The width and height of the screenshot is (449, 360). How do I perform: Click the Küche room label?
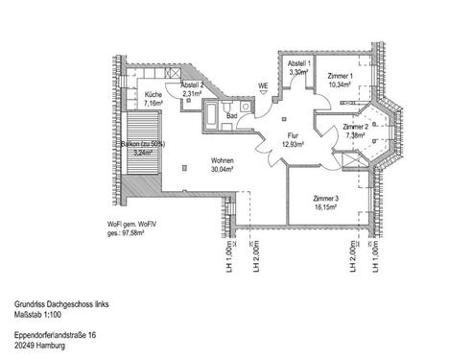click(x=154, y=96)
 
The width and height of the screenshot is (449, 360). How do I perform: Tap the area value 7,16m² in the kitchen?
click(x=155, y=105)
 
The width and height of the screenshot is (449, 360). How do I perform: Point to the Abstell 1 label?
click(x=299, y=62)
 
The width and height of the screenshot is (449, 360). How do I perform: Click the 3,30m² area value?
click(x=298, y=71)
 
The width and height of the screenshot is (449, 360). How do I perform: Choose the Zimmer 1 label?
click(x=340, y=76)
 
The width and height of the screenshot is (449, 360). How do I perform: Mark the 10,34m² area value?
click(x=340, y=84)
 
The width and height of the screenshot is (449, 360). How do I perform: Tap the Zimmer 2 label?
click(x=354, y=126)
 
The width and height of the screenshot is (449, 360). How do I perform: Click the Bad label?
click(x=219, y=111)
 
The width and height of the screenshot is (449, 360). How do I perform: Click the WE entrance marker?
click(x=262, y=84)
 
